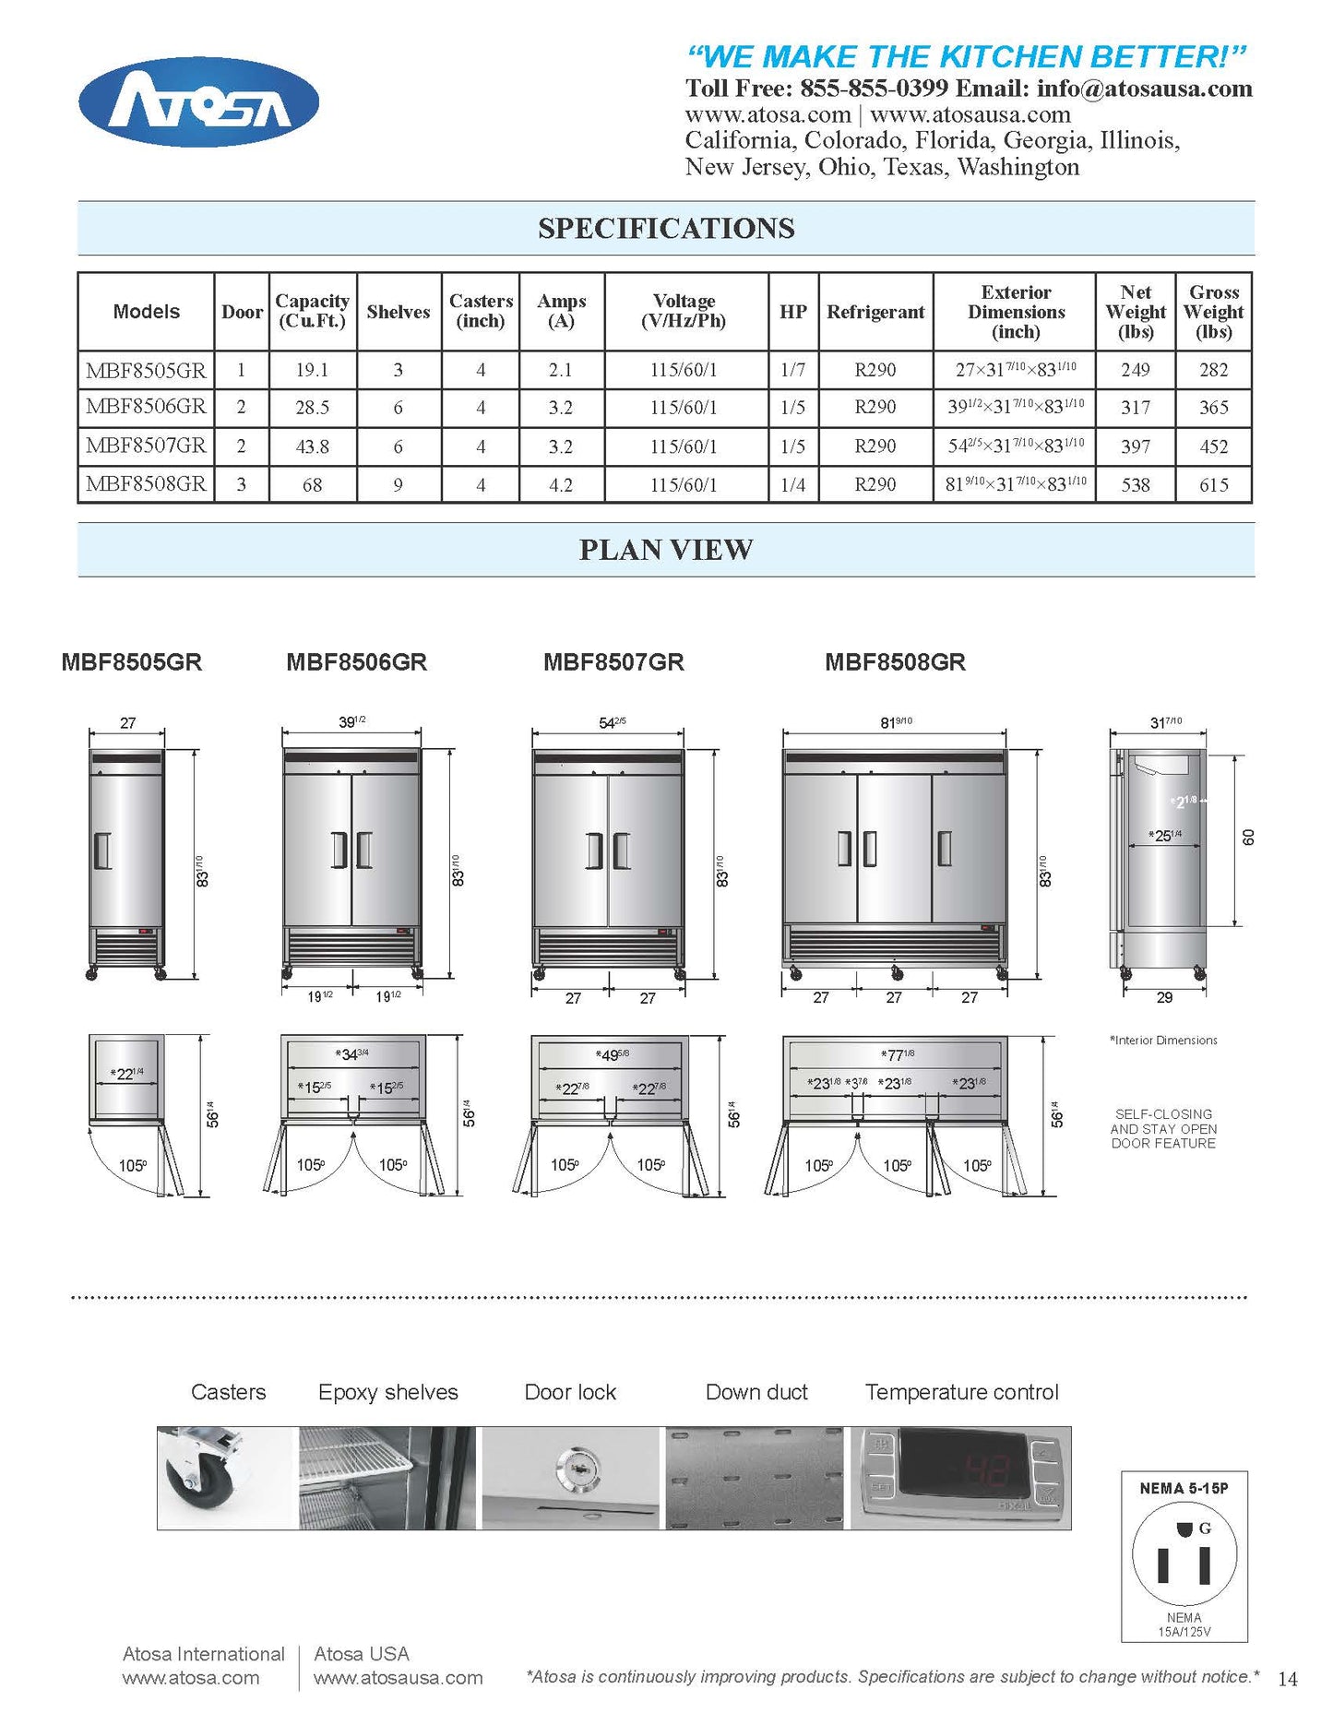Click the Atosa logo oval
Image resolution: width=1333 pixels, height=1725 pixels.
[x=198, y=102]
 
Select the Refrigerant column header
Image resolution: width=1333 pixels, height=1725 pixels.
[x=875, y=312]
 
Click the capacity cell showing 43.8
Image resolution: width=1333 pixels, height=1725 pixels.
[x=312, y=446]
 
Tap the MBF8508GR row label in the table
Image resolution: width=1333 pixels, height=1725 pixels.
[x=146, y=483]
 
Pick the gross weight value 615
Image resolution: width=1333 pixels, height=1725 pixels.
[x=1213, y=484]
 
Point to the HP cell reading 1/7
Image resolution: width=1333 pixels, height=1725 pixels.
[x=792, y=370]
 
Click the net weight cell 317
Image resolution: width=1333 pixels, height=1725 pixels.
[x=1135, y=407]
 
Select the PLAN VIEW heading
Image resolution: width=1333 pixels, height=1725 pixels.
[x=665, y=550]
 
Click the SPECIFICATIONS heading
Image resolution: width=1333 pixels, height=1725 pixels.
[x=665, y=229]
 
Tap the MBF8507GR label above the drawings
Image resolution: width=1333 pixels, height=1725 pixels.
[x=613, y=662]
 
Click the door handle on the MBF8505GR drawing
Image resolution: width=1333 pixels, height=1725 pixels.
[x=102, y=850]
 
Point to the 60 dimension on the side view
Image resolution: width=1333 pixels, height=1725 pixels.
[x=1248, y=837]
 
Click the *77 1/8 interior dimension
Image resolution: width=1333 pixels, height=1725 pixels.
[x=897, y=1055]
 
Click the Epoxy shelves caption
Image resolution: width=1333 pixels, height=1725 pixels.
[x=387, y=1392]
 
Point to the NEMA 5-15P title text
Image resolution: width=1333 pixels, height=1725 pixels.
[x=1184, y=1488]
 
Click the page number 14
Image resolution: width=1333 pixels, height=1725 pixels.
[x=1287, y=1678]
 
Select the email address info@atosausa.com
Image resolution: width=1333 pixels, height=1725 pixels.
[x=1144, y=89]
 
